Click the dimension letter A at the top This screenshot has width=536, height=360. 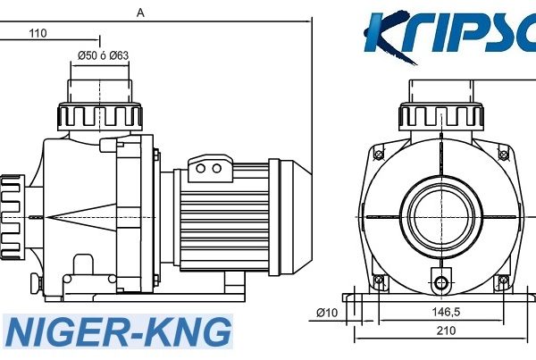[140, 13]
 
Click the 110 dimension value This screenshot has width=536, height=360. [38, 33]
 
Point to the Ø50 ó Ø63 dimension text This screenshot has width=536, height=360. [103, 55]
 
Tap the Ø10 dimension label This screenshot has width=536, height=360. [327, 313]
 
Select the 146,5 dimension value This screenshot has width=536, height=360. [446, 312]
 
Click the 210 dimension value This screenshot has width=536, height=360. [446, 331]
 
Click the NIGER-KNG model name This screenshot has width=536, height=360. [118, 332]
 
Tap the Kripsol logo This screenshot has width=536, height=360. [450, 37]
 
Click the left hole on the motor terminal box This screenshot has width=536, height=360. [201, 168]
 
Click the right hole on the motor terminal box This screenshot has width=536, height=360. [217, 168]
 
